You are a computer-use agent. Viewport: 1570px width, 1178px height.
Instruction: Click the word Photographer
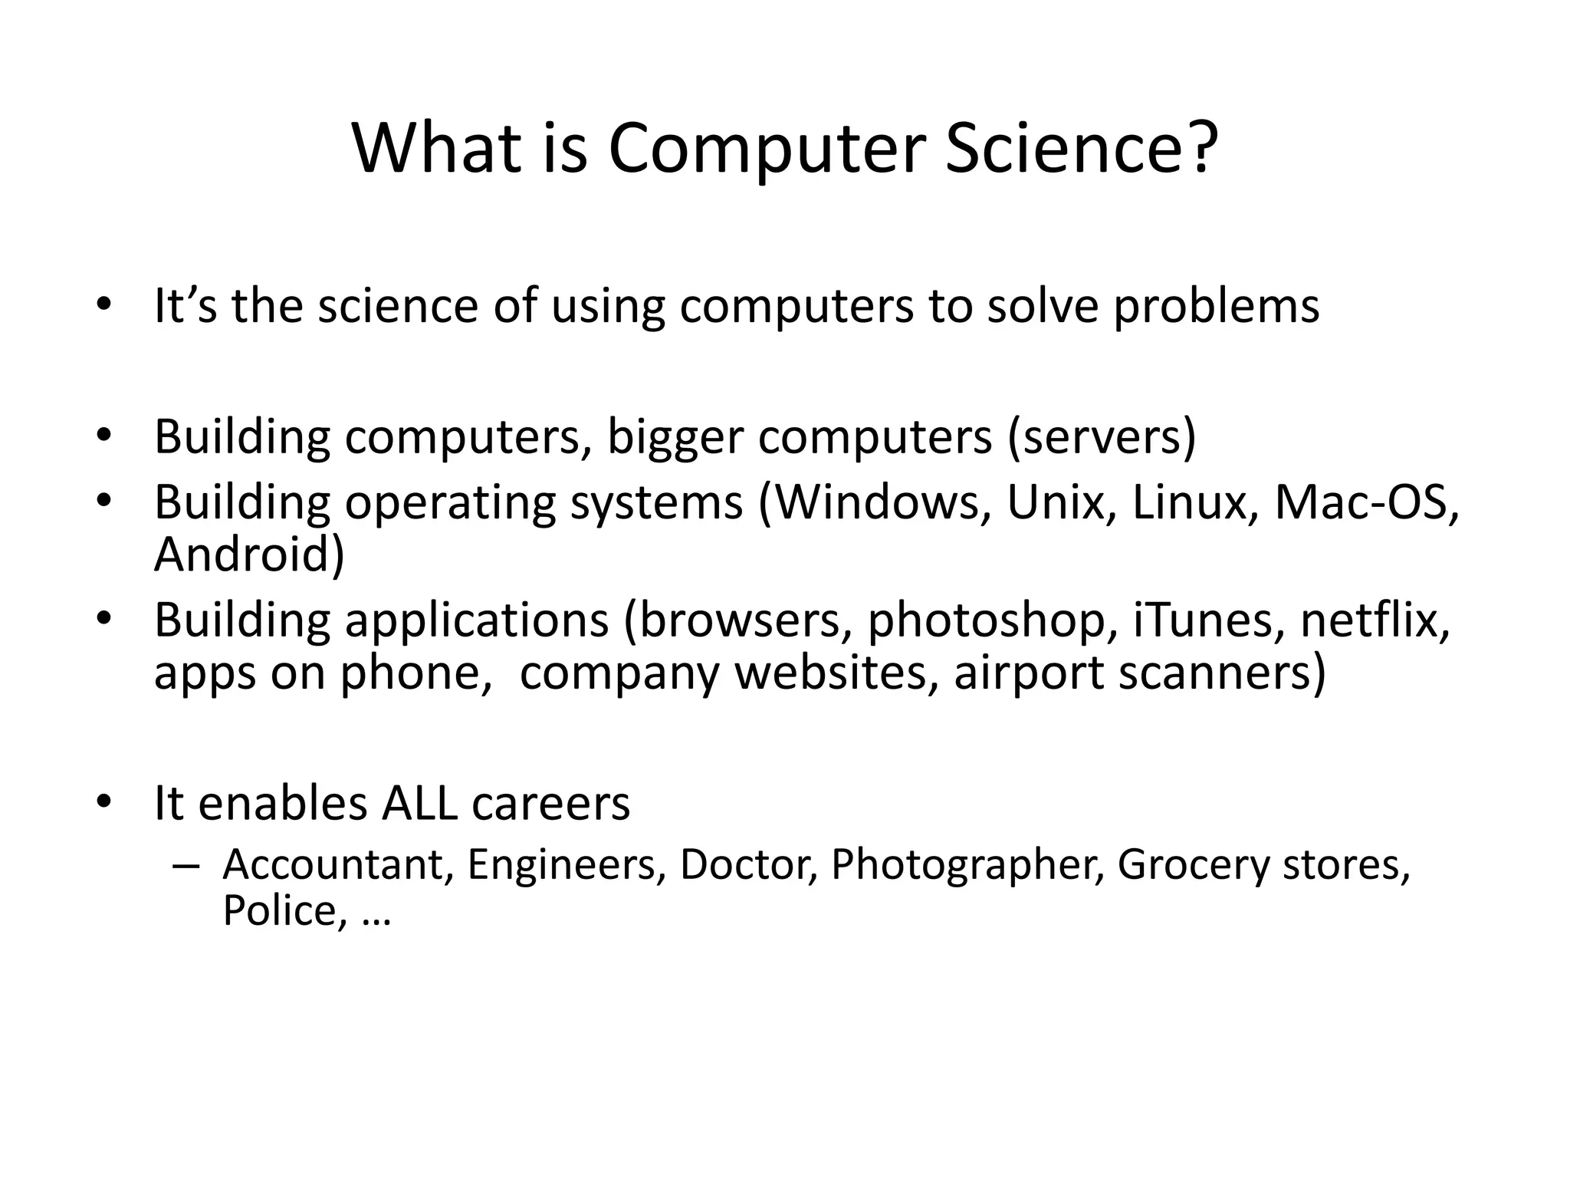pos(967,866)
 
